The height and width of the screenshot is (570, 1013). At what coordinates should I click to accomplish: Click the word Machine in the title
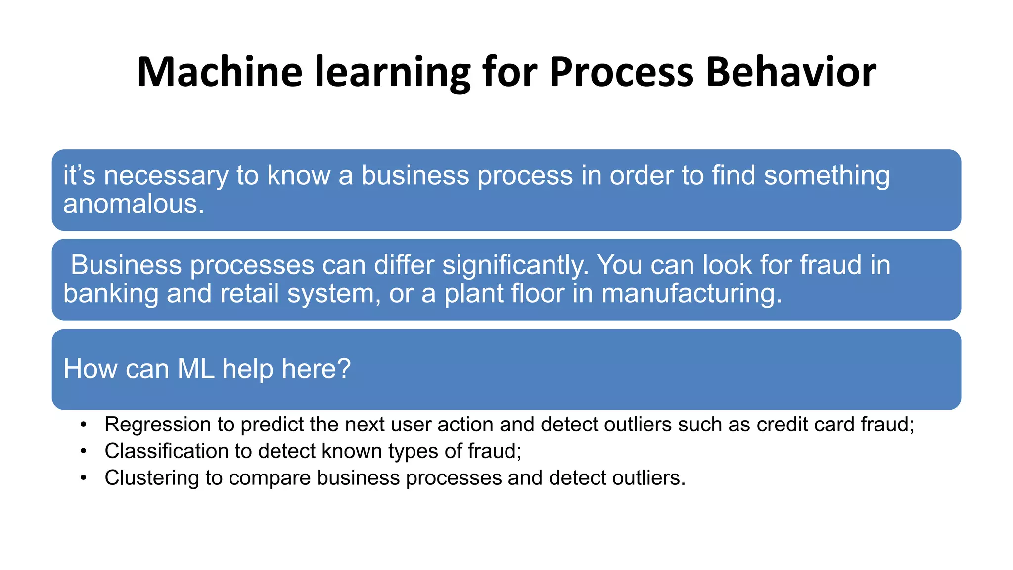pyautogui.click(x=219, y=72)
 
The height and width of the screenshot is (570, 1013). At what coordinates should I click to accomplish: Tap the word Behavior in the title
pyautogui.click(x=791, y=72)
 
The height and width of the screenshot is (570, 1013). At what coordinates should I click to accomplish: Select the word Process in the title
pyautogui.click(x=621, y=72)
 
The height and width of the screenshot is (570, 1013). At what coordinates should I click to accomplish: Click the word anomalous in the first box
pyautogui.click(x=134, y=204)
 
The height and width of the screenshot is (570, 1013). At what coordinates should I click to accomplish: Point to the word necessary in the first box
pyautogui.click(x=166, y=176)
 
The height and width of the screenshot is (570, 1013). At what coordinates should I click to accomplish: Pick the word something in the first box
pyautogui.click(x=827, y=176)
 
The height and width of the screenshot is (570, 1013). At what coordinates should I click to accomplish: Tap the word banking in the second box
pyautogui.click(x=110, y=294)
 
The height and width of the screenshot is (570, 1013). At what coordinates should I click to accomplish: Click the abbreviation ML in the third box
pyautogui.click(x=196, y=369)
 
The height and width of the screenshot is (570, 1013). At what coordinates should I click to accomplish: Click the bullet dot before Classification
pyautogui.click(x=84, y=452)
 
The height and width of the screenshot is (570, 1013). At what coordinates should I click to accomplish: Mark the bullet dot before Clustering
pyautogui.click(x=84, y=478)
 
